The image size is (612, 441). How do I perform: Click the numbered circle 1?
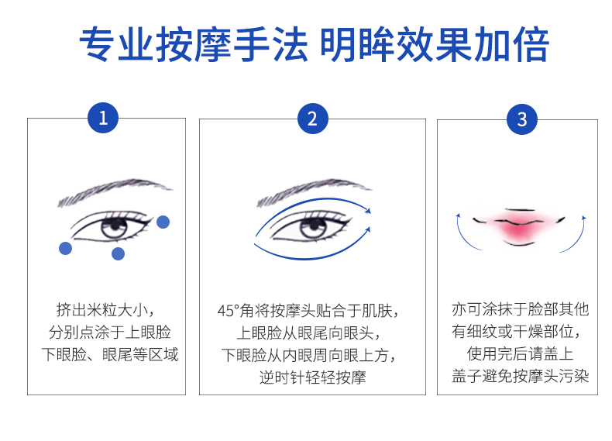click(x=103, y=119)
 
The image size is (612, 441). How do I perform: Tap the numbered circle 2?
click(x=312, y=119)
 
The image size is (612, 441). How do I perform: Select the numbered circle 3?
click(x=521, y=119)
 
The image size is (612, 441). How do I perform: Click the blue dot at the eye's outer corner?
click(x=163, y=222)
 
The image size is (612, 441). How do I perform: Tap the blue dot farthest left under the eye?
click(x=66, y=248)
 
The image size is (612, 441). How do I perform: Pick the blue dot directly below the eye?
click(x=118, y=253)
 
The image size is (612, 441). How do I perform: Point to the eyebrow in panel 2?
click(x=313, y=191)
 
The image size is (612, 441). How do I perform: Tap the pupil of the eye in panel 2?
click(x=313, y=226)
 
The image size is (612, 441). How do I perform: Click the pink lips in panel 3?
click(x=517, y=227)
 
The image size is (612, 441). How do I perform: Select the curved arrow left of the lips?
click(x=459, y=231)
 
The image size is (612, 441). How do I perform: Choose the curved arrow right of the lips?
click(x=576, y=231)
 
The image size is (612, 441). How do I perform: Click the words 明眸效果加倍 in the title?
click(x=434, y=45)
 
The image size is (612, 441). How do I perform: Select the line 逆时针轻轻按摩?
click(x=312, y=378)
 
